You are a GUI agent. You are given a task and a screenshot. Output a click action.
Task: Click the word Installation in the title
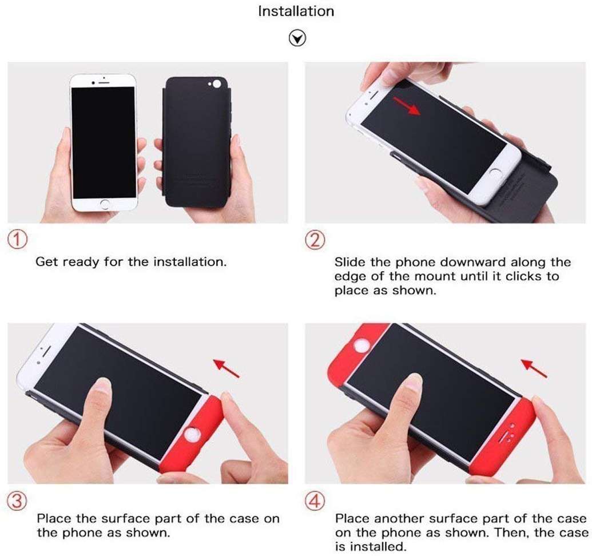296,11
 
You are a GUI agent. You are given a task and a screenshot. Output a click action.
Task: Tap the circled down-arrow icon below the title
297,38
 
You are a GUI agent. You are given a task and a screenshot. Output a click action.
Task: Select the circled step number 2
315,240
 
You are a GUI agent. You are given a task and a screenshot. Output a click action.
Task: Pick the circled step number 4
315,502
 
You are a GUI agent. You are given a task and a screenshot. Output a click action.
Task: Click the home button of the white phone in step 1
104,204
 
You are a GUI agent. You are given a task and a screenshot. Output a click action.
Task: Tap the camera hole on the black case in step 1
217,85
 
